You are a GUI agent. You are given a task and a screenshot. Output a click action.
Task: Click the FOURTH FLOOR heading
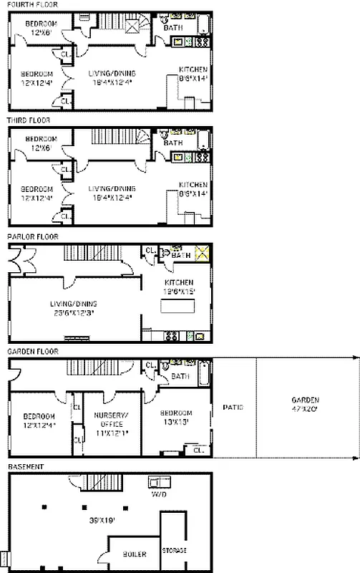29,4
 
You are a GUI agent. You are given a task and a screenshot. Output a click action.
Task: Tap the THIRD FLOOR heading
29,120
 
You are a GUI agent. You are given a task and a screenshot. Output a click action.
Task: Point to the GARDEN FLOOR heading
30,352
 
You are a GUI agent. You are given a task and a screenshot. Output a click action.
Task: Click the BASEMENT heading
26,466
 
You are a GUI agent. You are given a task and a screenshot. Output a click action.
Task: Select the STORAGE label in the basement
174,550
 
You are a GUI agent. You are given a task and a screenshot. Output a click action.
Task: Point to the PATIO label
233,407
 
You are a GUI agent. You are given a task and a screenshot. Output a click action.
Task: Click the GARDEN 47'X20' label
305,404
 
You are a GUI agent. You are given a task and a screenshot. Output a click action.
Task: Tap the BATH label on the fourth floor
172,28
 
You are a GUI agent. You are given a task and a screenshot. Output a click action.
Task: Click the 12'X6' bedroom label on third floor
41,143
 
